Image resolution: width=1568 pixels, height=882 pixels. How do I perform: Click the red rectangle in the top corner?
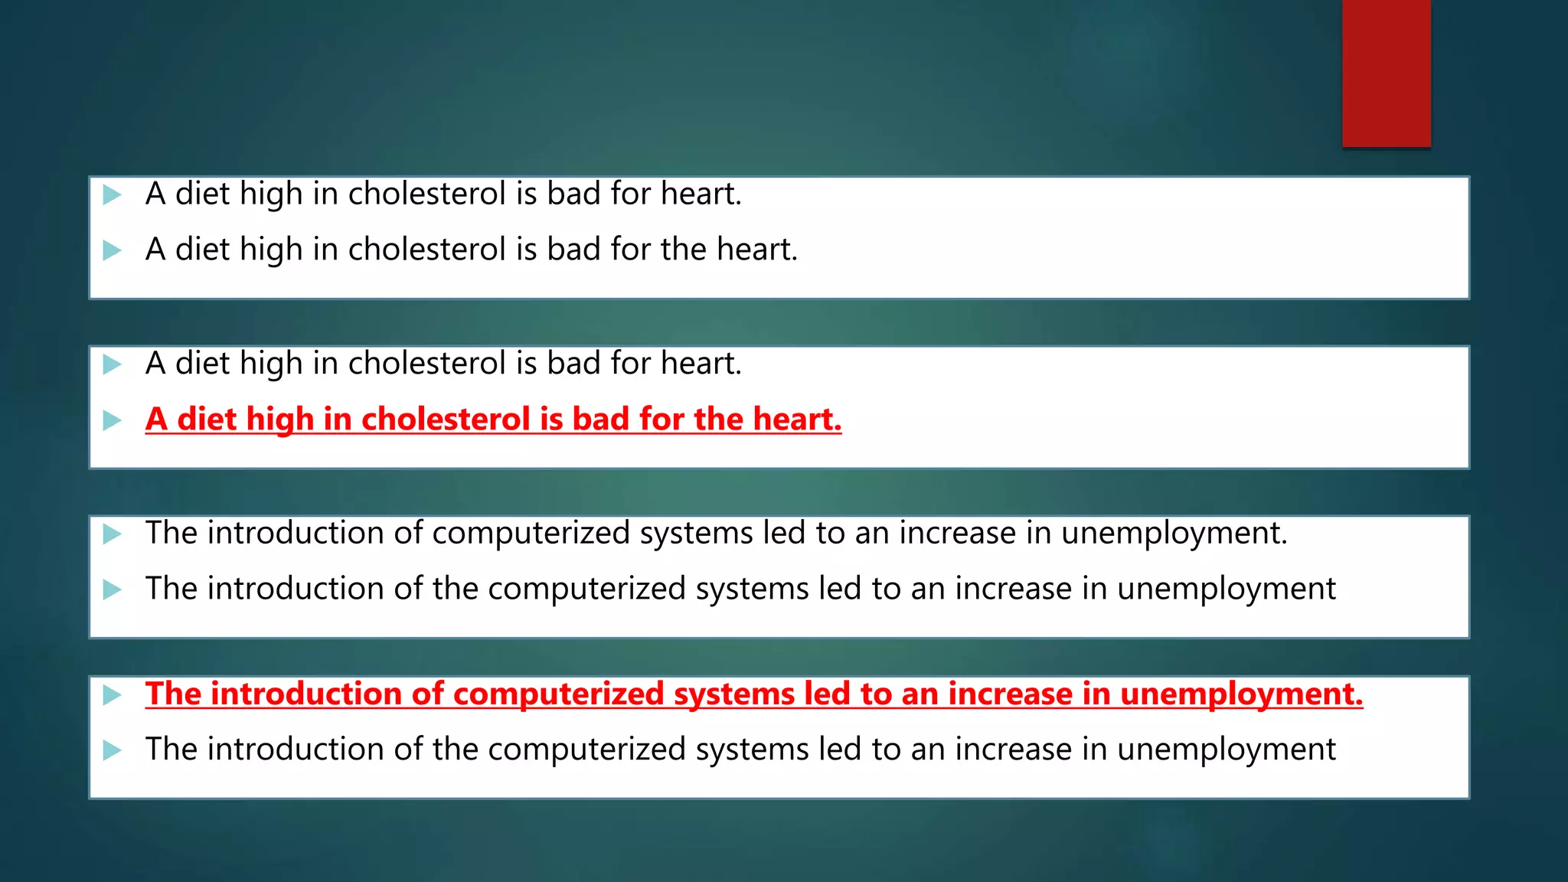[x=1386, y=73]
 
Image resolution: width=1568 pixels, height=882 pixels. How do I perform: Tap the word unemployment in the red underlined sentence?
[x=1241, y=694]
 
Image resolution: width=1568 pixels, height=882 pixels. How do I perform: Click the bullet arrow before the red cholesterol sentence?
[x=113, y=420]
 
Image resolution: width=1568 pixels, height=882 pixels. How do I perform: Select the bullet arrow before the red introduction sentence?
[x=113, y=695]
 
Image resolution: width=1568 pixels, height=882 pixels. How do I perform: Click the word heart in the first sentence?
[x=700, y=194]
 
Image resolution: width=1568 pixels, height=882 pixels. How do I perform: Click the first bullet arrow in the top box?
[x=113, y=194]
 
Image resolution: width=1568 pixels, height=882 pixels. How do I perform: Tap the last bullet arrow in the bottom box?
[x=113, y=750]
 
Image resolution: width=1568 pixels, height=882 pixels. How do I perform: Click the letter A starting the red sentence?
[x=156, y=419]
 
